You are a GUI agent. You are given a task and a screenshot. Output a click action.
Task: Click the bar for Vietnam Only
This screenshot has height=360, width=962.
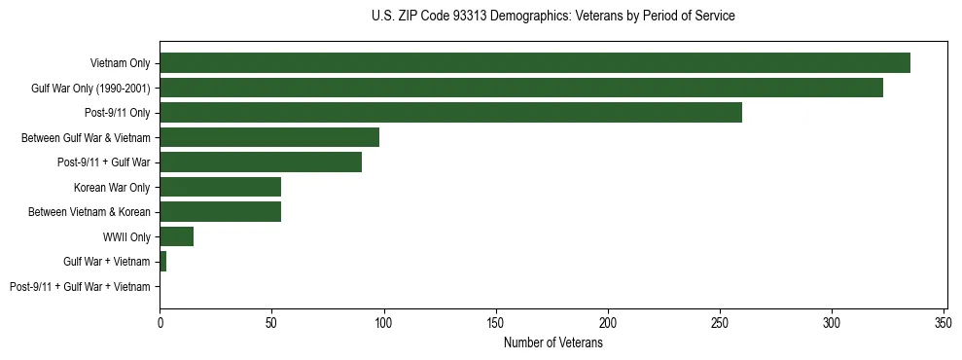(535, 63)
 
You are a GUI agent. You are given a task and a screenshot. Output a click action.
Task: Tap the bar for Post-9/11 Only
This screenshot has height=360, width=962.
(450, 113)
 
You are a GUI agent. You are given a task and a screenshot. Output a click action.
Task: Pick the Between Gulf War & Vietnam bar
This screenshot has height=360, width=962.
(269, 137)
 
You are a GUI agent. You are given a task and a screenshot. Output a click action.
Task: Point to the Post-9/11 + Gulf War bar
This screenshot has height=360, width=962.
(261, 162)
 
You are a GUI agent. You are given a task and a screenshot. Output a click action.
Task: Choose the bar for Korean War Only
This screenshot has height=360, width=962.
(220, 187)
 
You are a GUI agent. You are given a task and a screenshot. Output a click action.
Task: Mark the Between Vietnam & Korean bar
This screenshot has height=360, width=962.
(220, 212)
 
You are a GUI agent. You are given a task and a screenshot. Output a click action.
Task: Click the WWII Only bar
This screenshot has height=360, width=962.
(176, 236)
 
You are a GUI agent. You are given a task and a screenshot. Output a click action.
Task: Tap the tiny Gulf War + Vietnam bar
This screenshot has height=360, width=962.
(162, 262)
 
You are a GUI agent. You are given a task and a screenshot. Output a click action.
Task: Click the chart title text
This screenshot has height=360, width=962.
(552, 17)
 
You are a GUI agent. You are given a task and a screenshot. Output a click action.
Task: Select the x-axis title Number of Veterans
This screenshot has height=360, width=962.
(552, 343)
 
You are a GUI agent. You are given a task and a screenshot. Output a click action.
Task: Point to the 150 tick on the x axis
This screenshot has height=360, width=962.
(496, 321)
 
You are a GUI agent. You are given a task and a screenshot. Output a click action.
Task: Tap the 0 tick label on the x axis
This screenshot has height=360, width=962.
(160, 321)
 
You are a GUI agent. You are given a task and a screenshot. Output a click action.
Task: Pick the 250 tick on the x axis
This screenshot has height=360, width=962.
(720, 321)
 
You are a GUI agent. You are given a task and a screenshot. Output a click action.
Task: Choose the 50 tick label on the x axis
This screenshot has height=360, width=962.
(271, 321)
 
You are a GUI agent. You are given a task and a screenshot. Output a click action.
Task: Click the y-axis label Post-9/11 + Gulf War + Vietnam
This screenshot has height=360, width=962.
(80, 287)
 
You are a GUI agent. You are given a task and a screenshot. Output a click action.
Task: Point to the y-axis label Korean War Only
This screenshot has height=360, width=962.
(111, 188)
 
